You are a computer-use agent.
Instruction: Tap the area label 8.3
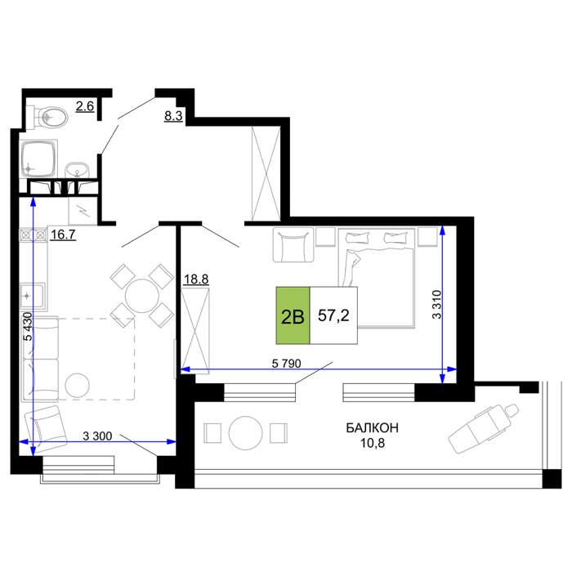click(173, 116)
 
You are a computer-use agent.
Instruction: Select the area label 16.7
click(63, 235)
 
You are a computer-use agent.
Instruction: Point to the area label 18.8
click(196, 279)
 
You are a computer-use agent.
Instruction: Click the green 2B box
click(293, 315)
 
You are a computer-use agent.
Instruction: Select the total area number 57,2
click(333, 315)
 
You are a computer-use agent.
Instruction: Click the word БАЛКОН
click(372, 428)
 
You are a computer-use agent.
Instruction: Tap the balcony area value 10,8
click(373, 443)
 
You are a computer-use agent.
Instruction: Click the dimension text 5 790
click(286, 364)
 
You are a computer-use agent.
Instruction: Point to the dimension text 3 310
click(436, 305)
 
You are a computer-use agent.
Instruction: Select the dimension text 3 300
click(97, 436)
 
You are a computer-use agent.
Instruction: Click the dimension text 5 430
click(28, 327)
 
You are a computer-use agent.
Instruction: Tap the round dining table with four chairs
click(142, 296)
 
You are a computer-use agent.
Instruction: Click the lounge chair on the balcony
click(484, 428)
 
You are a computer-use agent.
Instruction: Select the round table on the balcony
click(245, 433)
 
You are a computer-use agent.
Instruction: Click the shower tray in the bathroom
click(38, 159)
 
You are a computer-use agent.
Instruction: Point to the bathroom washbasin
click(77, 170)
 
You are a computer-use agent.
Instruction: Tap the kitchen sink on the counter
click(32, 296)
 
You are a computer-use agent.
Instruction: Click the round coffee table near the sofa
click(78, 385)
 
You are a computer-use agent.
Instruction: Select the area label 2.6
click(85, 106)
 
